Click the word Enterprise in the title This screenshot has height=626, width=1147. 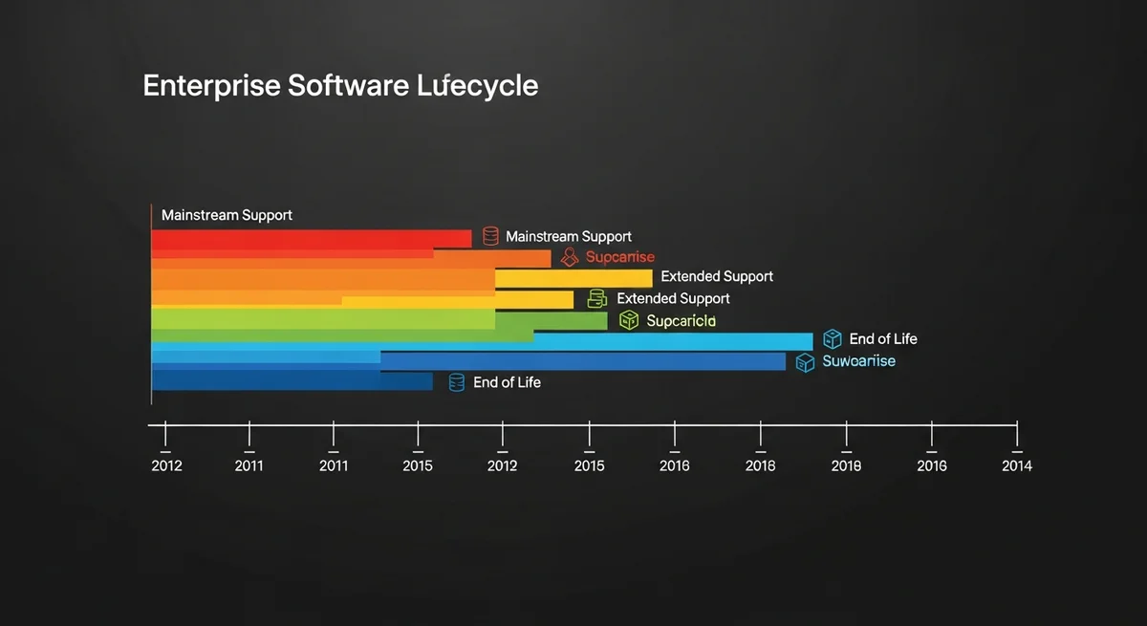pyautogui.click(x=211, y=86)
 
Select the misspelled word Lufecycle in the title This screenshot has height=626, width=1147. pyautogui.click(x=478, y=86)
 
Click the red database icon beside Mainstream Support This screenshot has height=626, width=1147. pyautogui.click(x=490, y=236)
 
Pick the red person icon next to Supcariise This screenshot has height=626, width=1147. pyautogui.click(x=571, y=256)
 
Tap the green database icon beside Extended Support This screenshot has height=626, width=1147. pyautogui.click(x=597, y=298)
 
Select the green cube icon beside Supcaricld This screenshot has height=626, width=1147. pyautogui.click(x=628, y=320)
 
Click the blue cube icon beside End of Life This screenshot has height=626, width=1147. pyautogui.click(x=832, y=338)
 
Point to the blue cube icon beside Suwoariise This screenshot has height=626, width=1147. pyautogui.click(x=805, y=362)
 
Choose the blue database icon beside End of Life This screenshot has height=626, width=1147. pyautogui.click(x=456, y=382)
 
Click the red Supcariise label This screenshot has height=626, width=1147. pyautogui.click(x=620, y=257)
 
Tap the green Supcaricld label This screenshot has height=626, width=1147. pyautogui.click(x=681, y=321)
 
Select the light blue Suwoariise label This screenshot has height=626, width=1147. pyautogui.click(x=858, y=361)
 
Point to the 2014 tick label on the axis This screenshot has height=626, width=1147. pyautogui.click(x=1016, y=465)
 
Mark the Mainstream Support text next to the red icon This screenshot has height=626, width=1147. pyautogui.click(x=569, y=236)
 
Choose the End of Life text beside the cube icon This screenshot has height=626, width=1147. pyautogui.click(x=883, y=338)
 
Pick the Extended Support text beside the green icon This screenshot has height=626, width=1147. pyautogui.click(x=673, y=298)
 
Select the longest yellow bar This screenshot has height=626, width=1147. pyautogui.click(x=573, y=278)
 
